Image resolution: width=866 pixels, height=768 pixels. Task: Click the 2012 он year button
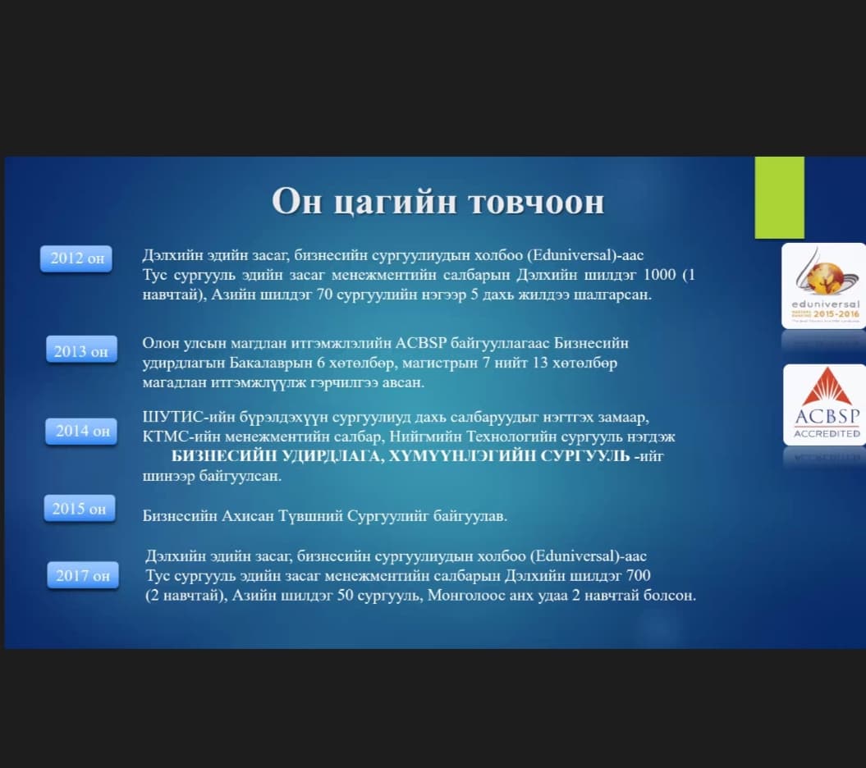pyautogui.click(x=76, y=258)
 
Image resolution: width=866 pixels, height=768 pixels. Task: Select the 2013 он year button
pyautogui.click(x=81, y=350)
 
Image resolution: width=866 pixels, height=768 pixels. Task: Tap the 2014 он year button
pyautogui.click(x=81, y=431)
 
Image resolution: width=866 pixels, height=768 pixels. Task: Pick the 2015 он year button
pyautogui.click(x=80, y=508)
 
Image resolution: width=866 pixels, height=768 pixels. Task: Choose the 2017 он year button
pyautogui.click(x=83, y=575)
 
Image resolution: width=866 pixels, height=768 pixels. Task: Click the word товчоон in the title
pyautogui.click(x=537, y=202)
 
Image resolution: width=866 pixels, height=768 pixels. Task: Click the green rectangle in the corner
pyautogui.click(x=779, y=198)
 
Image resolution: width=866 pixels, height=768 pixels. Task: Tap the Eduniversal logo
pyautogui.click(x=823, y=286)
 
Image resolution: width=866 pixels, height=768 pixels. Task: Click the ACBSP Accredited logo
pyautogui.click(x=825, y=405)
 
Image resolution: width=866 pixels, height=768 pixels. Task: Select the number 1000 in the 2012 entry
pyautogui.click(x=660, y=274)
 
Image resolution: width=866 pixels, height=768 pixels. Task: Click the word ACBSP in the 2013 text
pyautogui.click(x=421, y=343)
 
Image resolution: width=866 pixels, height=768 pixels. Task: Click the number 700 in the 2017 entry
pyautogui.click(x=639, y=576)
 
